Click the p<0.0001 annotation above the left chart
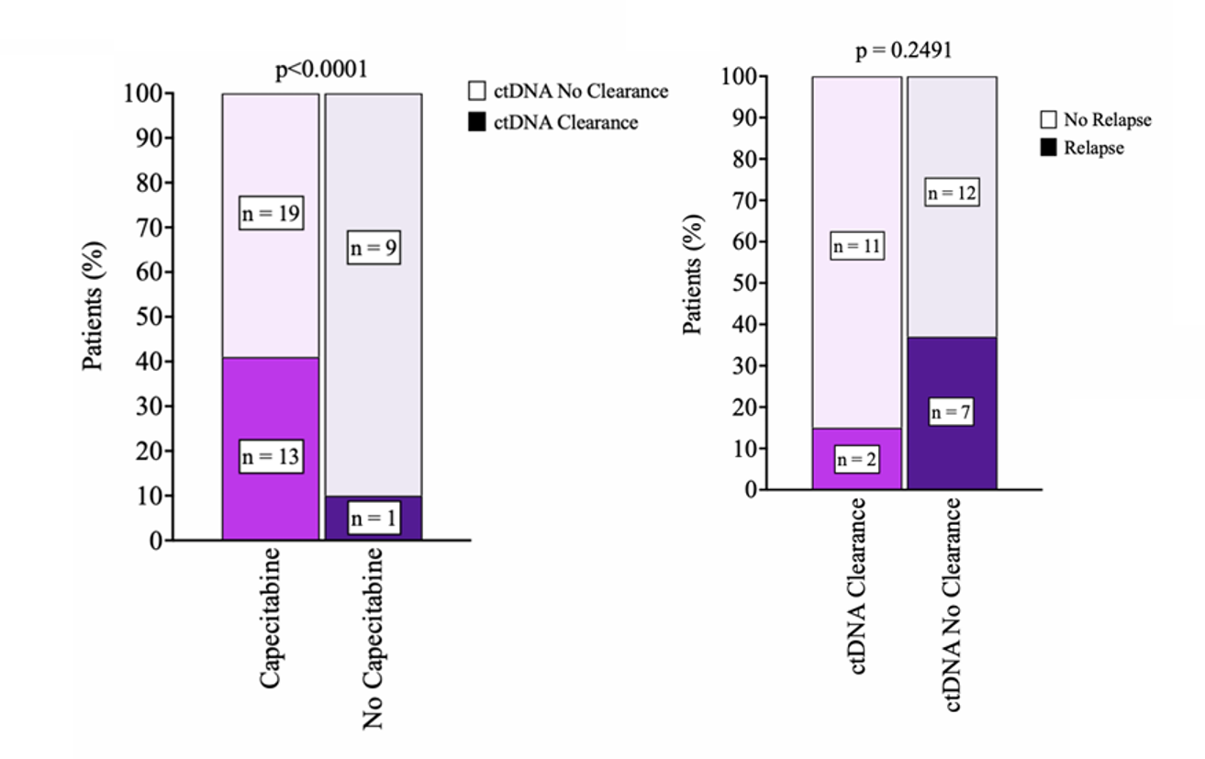click(x=321, y=71)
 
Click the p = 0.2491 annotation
click(x=903, y=50)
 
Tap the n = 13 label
click(x=271, y=456)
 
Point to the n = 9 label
click(x=373, y=248)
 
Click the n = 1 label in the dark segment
click(x=373, y=519)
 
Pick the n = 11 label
click(x=857, y=246)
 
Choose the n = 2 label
click(x=857, y=460)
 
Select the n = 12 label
click(x=952, y=193)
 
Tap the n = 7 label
click(x=952, y=413)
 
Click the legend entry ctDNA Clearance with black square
click(x=553, y=122)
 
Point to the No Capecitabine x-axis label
click(x=373, y=639)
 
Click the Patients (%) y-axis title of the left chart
click(x=95, y=307)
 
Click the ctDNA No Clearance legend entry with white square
click(x=568, y=92)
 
